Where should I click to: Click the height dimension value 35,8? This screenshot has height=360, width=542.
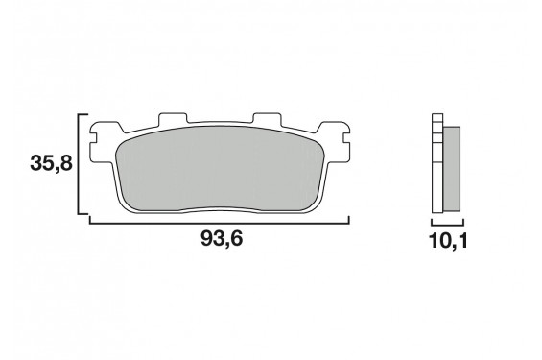[x=50, y=164]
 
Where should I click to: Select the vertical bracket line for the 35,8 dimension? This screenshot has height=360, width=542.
[x=78, y=163]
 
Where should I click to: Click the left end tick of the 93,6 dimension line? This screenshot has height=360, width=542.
[x=90, y=220]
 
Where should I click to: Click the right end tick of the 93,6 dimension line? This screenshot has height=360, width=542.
[x=347, y=220]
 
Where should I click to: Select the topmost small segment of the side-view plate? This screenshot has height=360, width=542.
[x=438, y=120]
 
